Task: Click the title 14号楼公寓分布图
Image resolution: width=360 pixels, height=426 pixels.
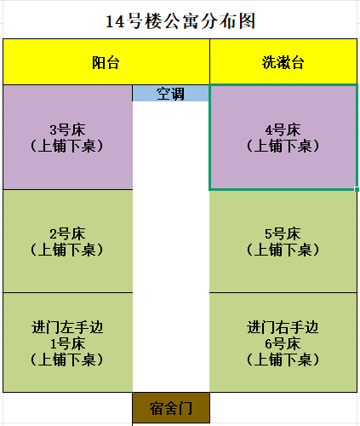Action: coord(180,21)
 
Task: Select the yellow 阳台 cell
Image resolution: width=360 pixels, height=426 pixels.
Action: coord(106,61)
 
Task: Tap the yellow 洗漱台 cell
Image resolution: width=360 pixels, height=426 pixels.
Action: coord(283,61)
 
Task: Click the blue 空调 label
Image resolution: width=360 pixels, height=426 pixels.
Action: coord(170,94)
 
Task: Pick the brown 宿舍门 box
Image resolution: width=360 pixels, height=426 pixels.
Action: coord(171,408)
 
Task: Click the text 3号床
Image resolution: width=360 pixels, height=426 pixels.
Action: coord(67,130)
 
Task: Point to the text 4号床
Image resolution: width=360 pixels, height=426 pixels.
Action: coord(283,130)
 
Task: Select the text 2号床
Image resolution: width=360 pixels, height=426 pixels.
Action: coord(67,233)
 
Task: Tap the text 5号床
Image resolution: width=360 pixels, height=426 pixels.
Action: coord(283,233)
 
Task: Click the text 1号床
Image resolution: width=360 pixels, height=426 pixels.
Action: coord(67,343)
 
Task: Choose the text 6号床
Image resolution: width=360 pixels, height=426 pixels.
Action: coord(283,343)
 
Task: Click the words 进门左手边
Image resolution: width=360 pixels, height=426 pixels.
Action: coord(67,327)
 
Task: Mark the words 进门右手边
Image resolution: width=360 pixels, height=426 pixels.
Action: coord(283,327)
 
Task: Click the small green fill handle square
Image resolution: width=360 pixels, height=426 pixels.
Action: coord(357,189)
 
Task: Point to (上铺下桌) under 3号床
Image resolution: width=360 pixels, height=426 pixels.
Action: coord(67,146)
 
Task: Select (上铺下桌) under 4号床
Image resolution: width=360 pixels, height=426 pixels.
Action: coord(283,146)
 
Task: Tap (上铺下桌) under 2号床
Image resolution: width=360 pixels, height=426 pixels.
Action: coord(67,250)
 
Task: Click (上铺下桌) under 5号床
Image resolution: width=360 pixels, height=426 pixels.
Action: coord(283,250)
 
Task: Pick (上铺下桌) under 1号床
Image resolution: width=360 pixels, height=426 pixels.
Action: coord(67,360)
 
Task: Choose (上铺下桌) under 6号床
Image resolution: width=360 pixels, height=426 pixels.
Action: coord(283,360)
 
